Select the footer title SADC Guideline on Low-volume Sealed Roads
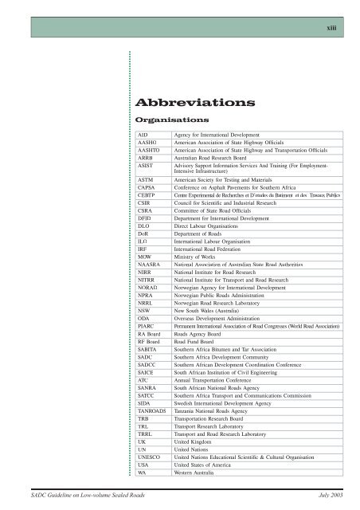coord(77,496)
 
